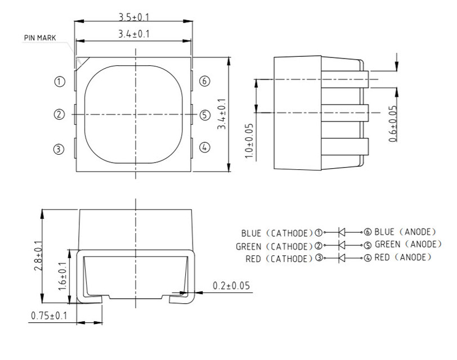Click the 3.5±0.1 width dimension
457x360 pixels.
pos(133,13)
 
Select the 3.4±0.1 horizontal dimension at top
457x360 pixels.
pos(133,34)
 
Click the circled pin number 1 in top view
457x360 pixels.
pos(59,82)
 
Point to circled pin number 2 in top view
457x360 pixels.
pos(59,115)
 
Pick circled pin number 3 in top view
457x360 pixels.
pos(59,149)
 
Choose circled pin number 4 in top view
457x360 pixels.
pos(205,147)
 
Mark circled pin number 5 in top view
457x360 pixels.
pos(205,115)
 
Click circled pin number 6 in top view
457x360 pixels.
pos(205,82)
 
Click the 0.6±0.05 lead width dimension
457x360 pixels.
pos(392,123)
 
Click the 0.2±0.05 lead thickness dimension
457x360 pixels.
pos(231,286)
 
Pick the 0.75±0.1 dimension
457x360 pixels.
pos(48,316)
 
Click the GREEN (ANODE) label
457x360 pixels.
pos(408,245)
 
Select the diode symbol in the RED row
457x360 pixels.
pos(342,258)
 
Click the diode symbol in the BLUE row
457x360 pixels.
pos(342,232)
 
